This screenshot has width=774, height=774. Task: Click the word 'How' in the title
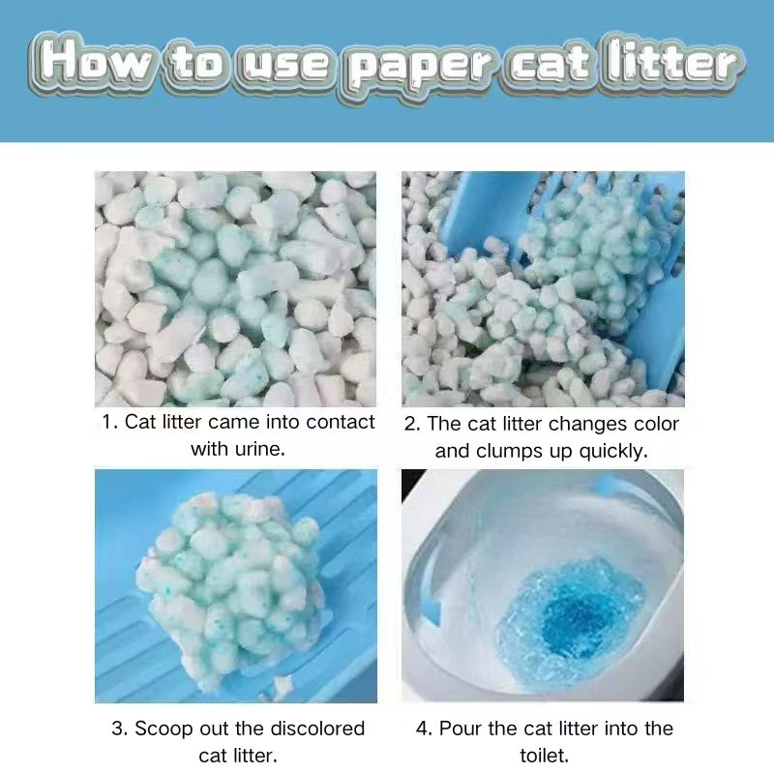(x=97, y=63)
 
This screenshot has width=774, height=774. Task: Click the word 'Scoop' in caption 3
(x=163, y=729)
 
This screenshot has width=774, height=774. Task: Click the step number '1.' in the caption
(x=109, y=423)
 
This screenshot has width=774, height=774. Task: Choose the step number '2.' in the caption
(x=412, y=425)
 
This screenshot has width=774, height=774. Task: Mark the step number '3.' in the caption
(x=120, y=729)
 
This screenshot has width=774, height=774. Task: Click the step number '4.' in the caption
(x=425, y=729)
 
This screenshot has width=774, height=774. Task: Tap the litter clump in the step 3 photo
(x=232, y=580)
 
